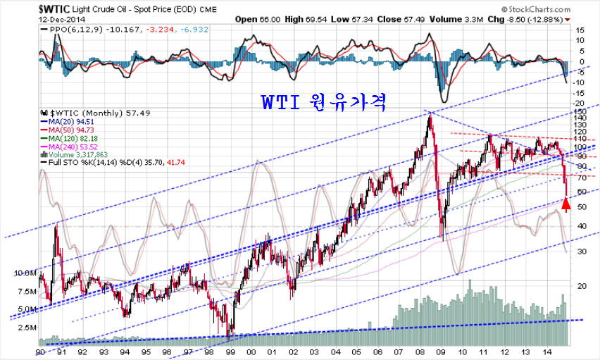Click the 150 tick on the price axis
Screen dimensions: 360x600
[581, 112]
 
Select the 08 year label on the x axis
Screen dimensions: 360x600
[420, 352]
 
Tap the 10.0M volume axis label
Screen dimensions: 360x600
[23, 273]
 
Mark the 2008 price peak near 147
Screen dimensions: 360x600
[429, 113]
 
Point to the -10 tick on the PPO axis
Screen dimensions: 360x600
[580, 82]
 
